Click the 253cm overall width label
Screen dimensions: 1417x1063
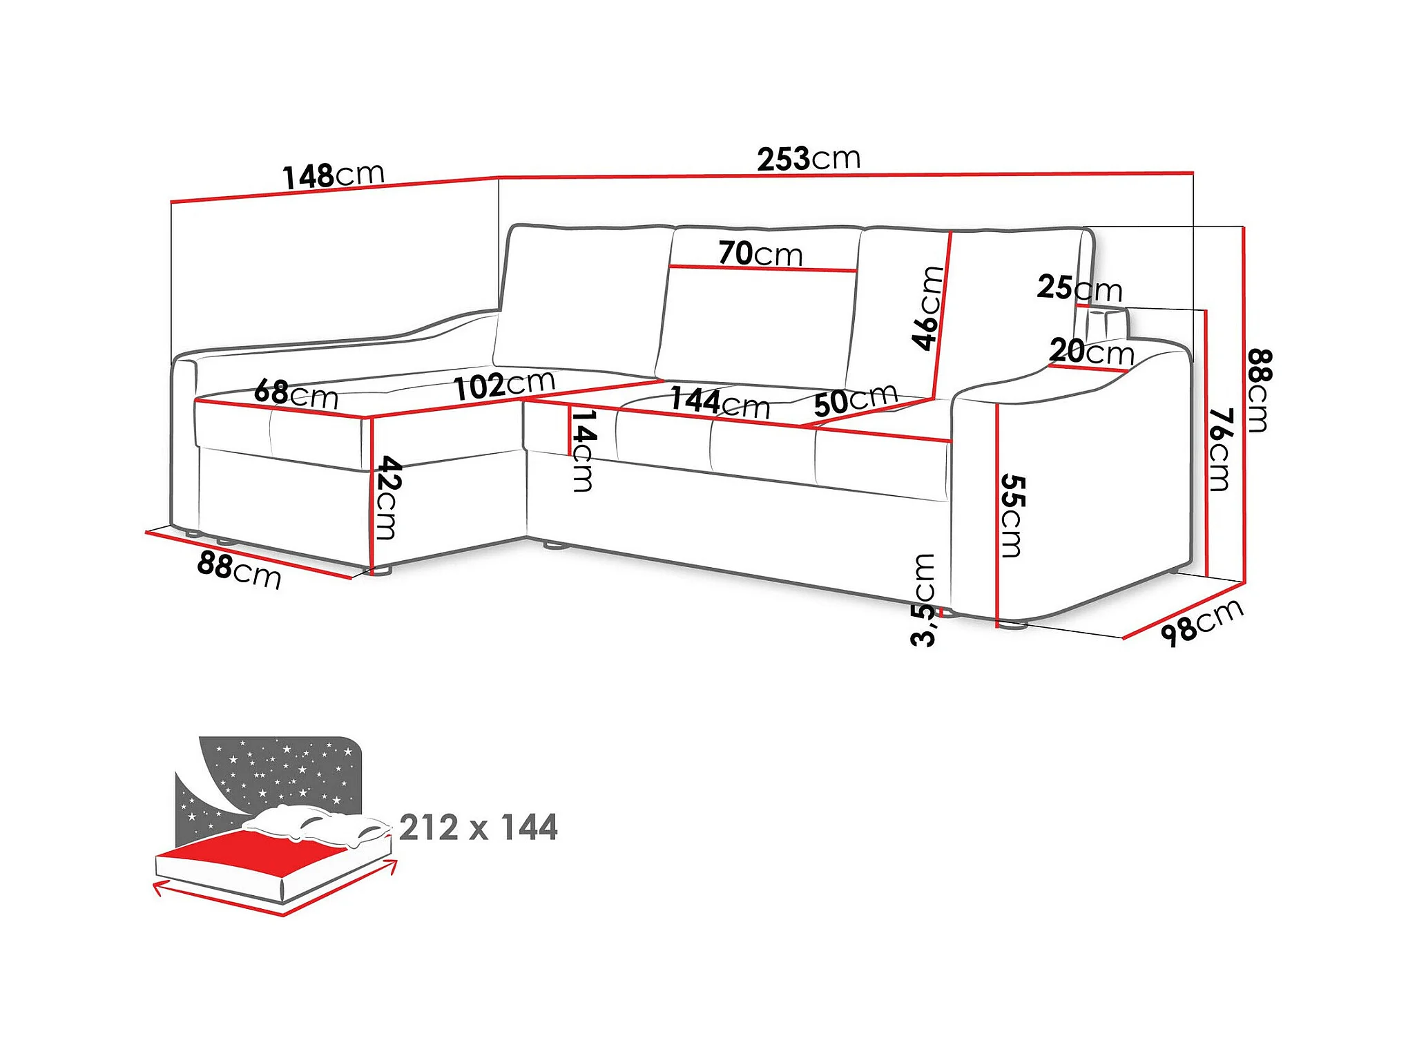(x=809, y=159)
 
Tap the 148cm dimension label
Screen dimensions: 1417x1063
(x=334, y=176)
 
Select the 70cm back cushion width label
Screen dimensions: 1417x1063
(x=760, y=253)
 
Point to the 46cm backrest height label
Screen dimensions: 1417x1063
(x=927, y=308)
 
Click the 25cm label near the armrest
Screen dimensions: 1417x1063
(x=1079, y=287)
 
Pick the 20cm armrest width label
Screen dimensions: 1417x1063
(x=1092, y=352)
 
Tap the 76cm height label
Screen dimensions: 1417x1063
(x=1220, y=450)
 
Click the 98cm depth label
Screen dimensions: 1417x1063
(x=1202, y=622)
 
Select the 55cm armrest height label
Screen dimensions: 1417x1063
(x=1012, y=515)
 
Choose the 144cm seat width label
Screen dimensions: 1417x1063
(x=720, y=402)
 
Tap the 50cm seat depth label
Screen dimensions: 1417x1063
(x=856, y=400)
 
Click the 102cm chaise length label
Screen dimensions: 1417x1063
(x=505, y=385)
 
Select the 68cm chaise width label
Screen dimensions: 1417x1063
(x=296, y=394)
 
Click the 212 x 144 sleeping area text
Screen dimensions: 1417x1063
(x=478, y=827)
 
